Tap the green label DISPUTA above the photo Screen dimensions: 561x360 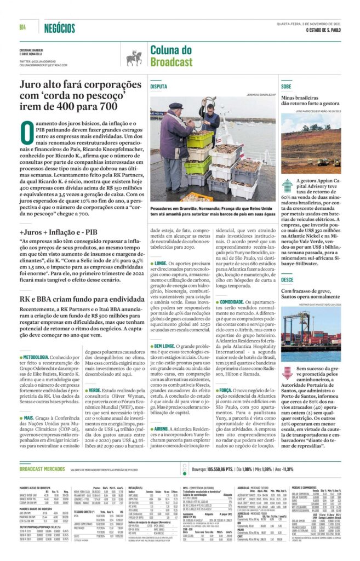159,87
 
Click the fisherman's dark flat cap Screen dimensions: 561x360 175,106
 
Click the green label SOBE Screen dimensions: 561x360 286,87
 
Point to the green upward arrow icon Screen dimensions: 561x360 288,186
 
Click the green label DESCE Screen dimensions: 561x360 287,279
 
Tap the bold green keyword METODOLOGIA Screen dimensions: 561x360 36,357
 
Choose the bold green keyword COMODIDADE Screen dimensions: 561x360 232,301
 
